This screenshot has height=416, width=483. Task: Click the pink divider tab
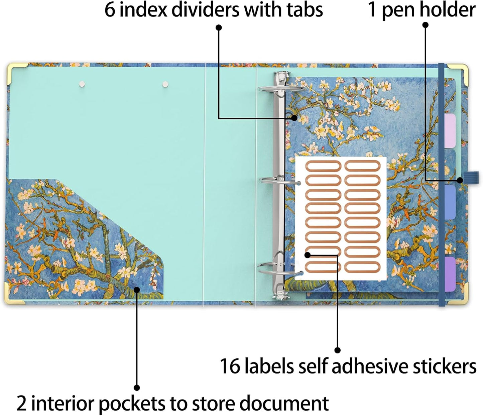pyautogui.click(x=450, y=131)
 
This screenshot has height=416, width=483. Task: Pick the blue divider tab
pyautogui.click(x=450, y=203)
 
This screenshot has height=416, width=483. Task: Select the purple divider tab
pyautogui.click(x=450, y=274)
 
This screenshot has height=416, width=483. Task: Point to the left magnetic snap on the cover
pyautogui.click(x=82, y=84)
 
